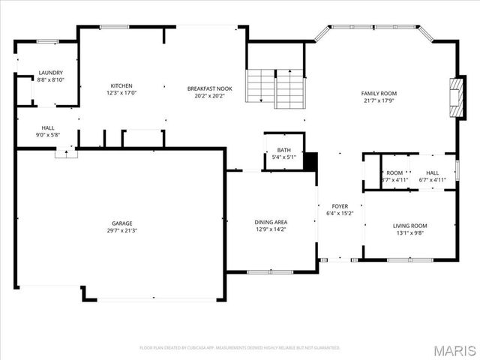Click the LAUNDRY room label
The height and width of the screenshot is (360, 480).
pyautogui.click(x=51, y=73)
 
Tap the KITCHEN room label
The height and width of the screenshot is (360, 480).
pyautogui.click(x=121, y=85)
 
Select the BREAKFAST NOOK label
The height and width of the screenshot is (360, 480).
pyautogui.click(x=209, y=88)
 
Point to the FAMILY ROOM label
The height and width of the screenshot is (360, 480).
pyautogui.click(x=380, y=94)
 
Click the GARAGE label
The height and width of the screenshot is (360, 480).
pyautogui.click(x=121, y=223)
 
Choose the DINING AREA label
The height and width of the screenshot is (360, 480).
pyautogui.click(x=271, y=222)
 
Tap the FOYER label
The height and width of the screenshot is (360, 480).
pyautogui.click(x=340, y=206)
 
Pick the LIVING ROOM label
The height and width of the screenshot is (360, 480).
pyautogui.click(x=409, y=226)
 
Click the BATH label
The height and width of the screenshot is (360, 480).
pyautogui.click(x=283, y=150)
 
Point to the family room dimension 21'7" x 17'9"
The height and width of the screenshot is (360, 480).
pyautogui.click(x=380, y=100)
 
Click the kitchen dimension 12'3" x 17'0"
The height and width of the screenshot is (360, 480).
pyautogui.click(x=121, y=92)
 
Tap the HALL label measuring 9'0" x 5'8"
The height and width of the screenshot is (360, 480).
pyautogui.click(x=47, y=128)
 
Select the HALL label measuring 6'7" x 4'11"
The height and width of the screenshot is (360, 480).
pyautogui.click(x=433, y=172)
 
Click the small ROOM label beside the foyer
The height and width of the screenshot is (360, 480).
pyautogui.click(x=394, y=172)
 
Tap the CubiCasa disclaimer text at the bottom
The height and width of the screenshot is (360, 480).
pyautogui.click(x=240, y=348)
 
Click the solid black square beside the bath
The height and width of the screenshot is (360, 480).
pyautogui.click(x=311, y=162)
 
